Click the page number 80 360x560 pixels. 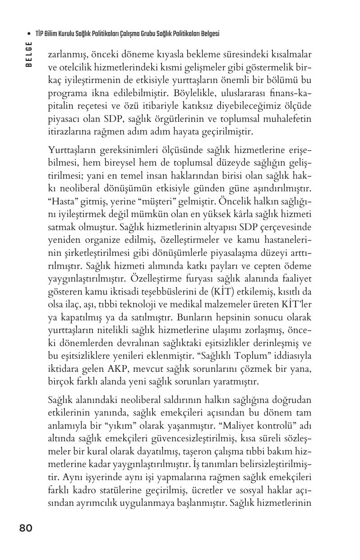pos(26,528)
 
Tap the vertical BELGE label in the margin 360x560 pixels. pos(29,54)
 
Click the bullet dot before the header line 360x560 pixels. pos(29,34)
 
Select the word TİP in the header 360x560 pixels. pos(39,34)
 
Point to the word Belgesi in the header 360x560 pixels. pos(209,34)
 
